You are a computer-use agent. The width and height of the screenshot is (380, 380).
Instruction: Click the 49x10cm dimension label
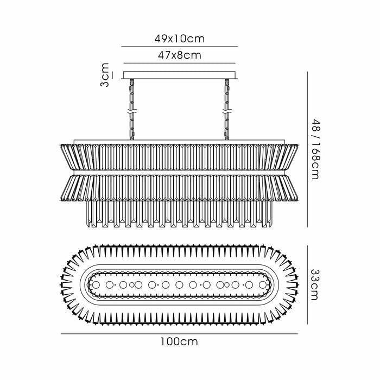coord(180,39)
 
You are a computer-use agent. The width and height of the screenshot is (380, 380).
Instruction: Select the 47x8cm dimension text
coord(180,55)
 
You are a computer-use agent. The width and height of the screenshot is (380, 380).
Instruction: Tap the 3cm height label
coord(105,75)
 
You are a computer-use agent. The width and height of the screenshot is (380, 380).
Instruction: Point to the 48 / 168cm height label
coord(315,149)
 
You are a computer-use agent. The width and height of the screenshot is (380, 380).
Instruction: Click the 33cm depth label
coord(315,285)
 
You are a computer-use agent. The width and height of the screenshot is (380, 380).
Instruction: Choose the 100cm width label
coord(179,341)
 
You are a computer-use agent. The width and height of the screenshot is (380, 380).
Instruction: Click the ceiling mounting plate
coord(179,75)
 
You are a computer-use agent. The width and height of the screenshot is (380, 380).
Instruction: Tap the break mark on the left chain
coord(132,113)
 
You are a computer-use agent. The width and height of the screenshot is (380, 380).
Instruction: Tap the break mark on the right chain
coord(227,113)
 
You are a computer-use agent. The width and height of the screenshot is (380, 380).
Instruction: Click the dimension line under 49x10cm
coord(179,47)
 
